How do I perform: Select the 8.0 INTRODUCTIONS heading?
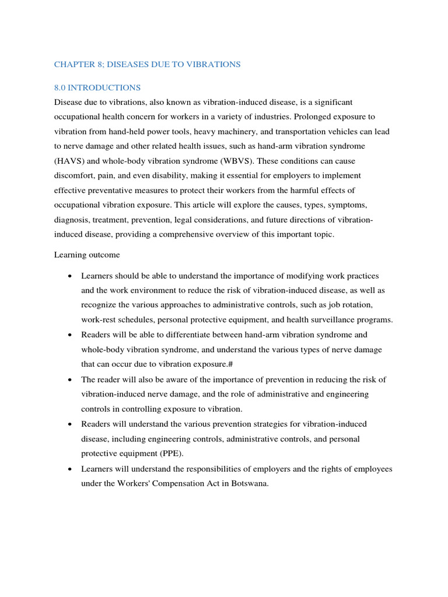[x=97, y=87]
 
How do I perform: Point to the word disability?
[x=164, y=175]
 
